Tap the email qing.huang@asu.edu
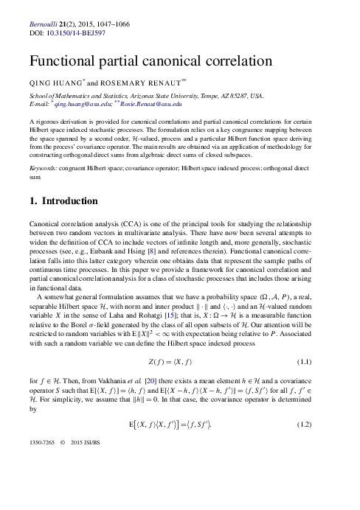pyautogui.click(x=77, y=104)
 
